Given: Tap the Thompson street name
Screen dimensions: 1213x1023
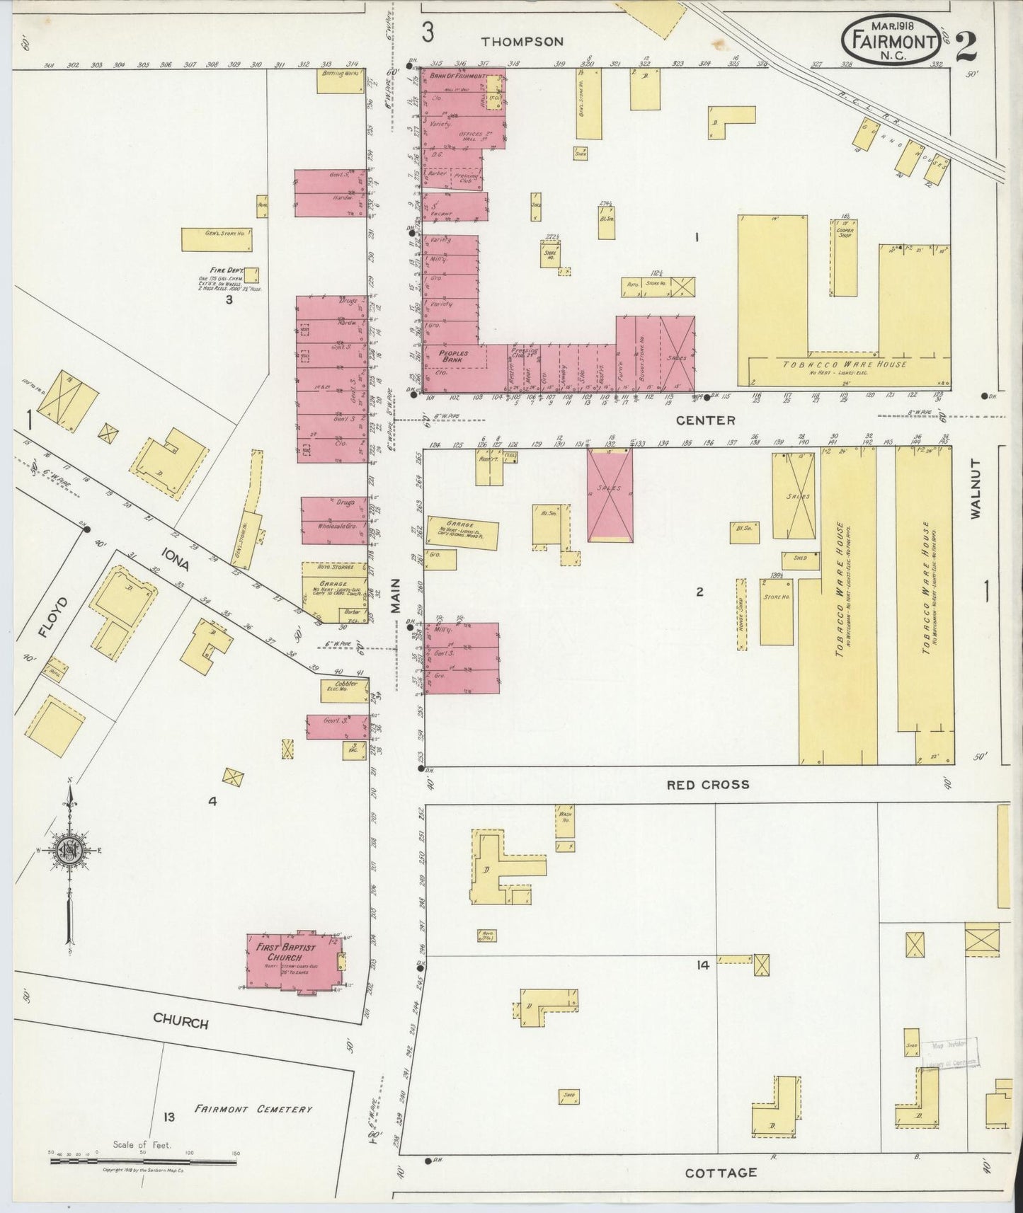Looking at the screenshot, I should pos(522,42).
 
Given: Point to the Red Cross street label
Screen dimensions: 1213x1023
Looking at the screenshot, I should pos(707,784).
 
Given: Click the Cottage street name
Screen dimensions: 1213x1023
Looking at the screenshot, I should pos(721,1172).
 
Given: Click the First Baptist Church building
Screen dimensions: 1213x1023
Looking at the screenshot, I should pos(295,962).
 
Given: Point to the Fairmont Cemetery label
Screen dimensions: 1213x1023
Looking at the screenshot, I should pos(253,1108).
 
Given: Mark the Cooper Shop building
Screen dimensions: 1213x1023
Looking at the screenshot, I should pos(845,258).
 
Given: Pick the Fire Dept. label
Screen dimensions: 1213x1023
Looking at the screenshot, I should pos(222,270).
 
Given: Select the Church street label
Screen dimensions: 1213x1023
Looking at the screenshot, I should pos(181,1022).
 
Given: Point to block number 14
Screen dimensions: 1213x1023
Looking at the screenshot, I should pos(702,965).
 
